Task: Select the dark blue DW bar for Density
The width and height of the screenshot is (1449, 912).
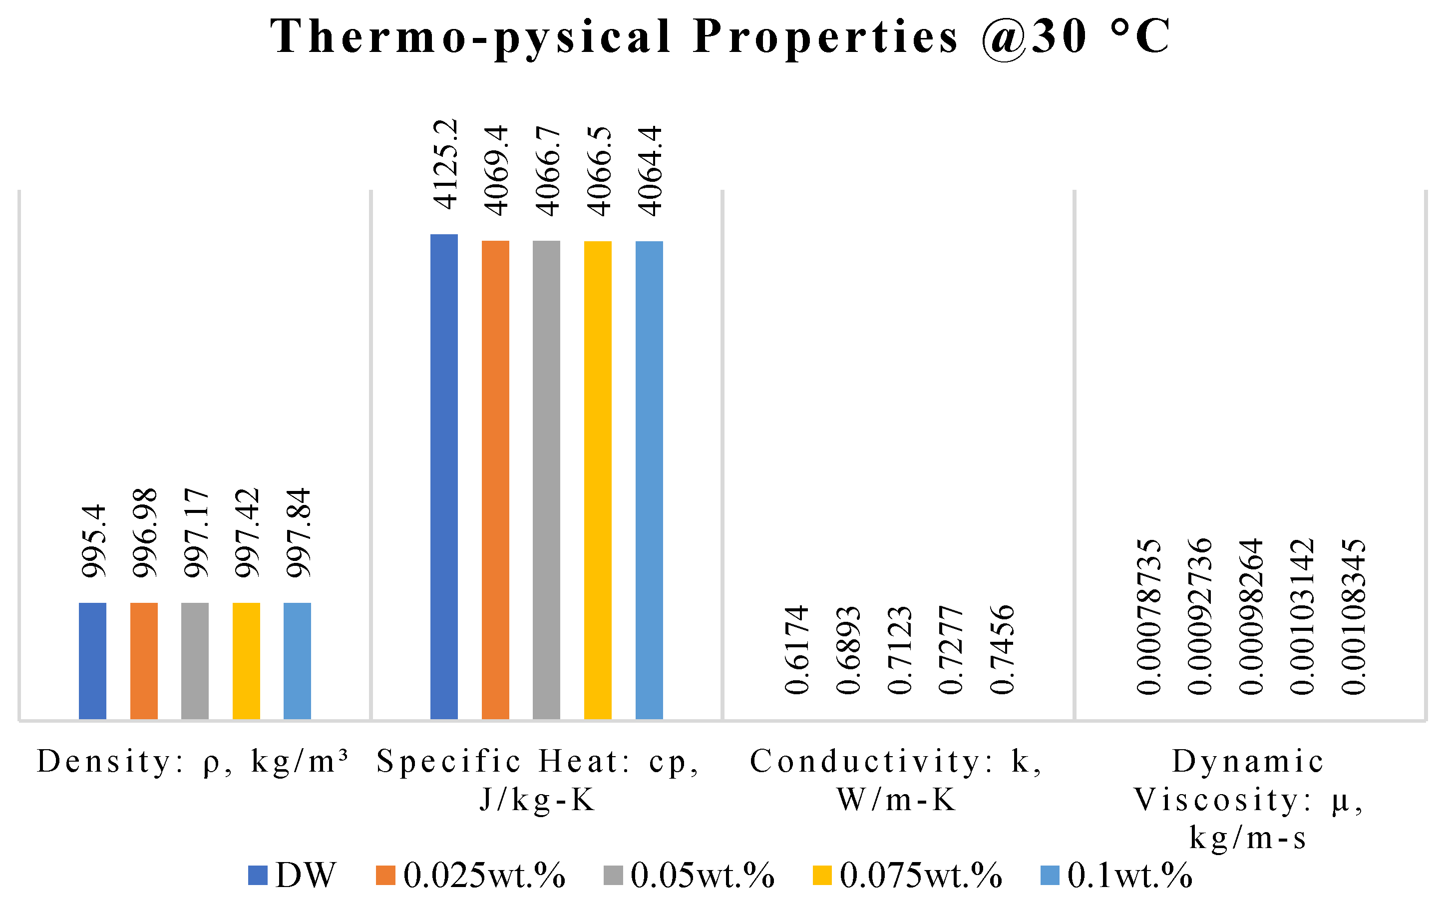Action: tap(93, 660)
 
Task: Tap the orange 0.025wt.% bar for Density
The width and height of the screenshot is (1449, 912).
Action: tap(144, 660)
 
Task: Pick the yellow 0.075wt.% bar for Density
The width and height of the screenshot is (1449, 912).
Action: tap(246, 660)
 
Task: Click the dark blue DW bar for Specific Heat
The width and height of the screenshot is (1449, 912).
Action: tap(444, 475)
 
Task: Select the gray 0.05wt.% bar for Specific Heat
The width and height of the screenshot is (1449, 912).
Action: tap(546, 479)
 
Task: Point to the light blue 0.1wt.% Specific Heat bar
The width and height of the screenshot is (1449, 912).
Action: tap(649, 479)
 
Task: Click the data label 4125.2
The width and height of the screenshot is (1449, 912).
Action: tap(446, 164)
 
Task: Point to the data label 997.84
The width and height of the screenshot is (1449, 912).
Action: tap(299, 533)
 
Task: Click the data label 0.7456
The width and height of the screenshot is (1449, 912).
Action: tap(1003, 650)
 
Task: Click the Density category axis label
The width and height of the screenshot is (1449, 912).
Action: tap(193, 762)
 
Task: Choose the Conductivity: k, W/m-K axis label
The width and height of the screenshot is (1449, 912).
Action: tap(896, 780)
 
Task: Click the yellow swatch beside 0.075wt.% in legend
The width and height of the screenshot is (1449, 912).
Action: tap(821, 875)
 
